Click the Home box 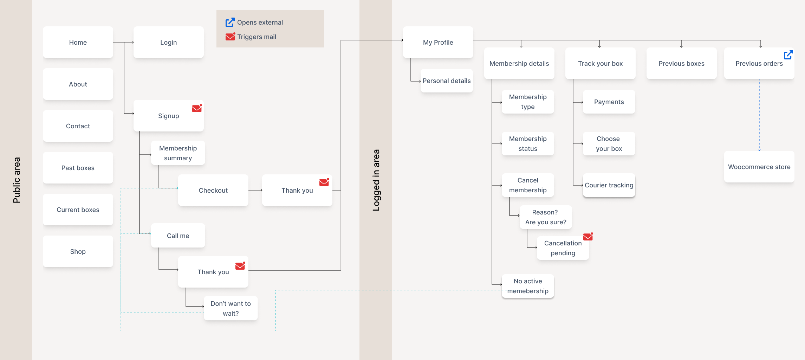[78, 42]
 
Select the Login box [168, 42]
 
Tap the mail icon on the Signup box [197, 108]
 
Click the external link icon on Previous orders [788, 55]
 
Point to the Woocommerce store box [759, 167]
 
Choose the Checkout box [213, 190]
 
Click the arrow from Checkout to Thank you [255, 190]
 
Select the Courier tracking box [609, 185]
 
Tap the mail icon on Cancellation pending [588, 237]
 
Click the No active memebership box [527, 286]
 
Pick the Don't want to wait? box [231, 308]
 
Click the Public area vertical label [17, 180]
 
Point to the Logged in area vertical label [376, 180]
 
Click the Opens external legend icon [230, 22]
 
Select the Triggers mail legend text [257, 37]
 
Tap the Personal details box [446, 81]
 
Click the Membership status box [527, 143]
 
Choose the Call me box [178, 236]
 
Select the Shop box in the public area [78, 251]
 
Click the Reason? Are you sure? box [545, 217]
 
